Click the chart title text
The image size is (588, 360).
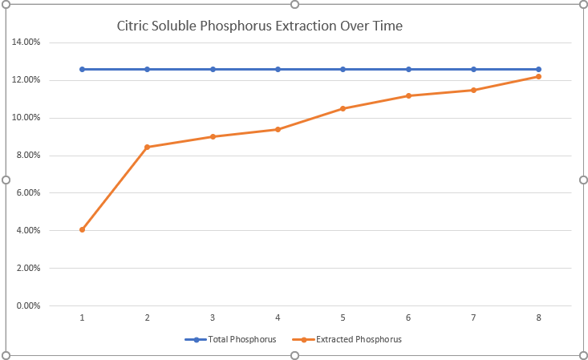259,26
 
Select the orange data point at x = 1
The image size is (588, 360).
82,230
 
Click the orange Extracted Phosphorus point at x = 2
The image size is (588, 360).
148,147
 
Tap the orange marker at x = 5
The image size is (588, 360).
343,108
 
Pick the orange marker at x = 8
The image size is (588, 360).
538,76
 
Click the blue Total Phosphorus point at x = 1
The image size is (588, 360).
82,69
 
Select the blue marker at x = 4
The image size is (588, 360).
278,69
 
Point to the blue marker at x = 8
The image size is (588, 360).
538,69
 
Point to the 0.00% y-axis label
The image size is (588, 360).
28,305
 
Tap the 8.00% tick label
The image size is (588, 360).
28,156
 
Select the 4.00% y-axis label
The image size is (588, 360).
28,231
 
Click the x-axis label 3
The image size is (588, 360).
213,318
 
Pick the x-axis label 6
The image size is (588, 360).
408,318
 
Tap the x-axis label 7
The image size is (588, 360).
473,318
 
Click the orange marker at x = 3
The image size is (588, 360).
213,136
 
